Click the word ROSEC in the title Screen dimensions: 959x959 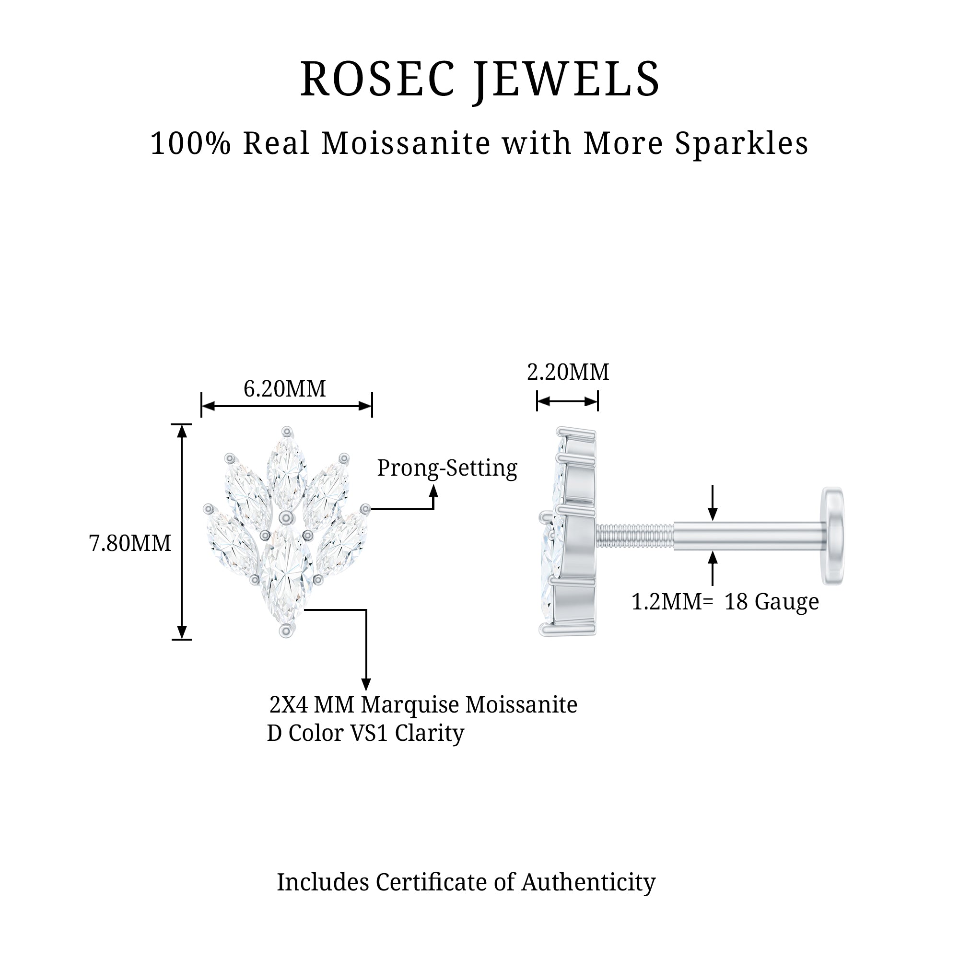point(377,79)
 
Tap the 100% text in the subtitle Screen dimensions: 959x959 point(191,143)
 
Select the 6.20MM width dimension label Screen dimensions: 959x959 point(284,389)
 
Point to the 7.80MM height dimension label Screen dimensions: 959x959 point(130,543)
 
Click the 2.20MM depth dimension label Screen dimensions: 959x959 point(568,372)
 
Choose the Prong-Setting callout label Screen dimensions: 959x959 point(447,468)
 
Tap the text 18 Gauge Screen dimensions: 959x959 point(772,602)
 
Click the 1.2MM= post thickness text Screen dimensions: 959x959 point(672,602)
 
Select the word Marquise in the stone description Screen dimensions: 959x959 point(410,705)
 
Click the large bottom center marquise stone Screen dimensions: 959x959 point(286,576)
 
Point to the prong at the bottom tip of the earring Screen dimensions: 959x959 point(286,631)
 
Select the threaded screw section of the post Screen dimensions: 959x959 point(635,536)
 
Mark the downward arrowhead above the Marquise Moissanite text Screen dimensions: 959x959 point(366,684)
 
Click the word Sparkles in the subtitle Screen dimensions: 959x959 point(742,144)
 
